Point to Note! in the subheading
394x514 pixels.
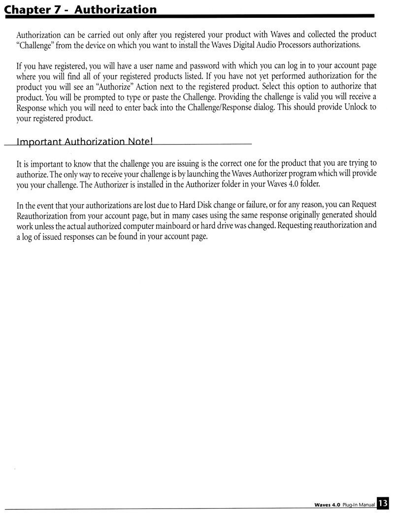[140, 142]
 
